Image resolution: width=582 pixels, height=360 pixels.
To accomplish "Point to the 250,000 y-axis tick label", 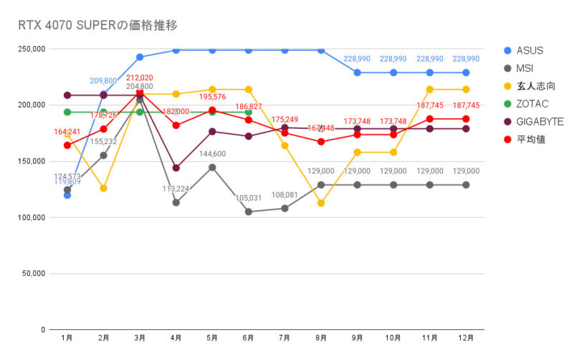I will tap(32, 49).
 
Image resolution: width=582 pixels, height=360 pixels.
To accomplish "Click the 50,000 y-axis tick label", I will tap(34, 274).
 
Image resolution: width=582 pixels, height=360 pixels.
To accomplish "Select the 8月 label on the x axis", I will tap(321, 337).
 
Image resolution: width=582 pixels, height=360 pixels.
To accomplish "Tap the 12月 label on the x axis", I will tap(466, 337).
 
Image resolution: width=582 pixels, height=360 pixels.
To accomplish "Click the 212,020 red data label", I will tap(140, 77).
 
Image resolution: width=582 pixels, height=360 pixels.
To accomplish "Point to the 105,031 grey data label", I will tap(248, 199).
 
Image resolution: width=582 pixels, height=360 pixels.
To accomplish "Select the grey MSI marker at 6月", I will tap(249, 212).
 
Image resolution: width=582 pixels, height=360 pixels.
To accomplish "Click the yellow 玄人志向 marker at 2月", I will tap(103, 188).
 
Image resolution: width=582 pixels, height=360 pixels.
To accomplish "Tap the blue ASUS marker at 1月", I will tap(67, 195).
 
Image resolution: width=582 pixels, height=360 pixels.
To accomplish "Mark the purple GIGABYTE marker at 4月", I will tap(176, 168).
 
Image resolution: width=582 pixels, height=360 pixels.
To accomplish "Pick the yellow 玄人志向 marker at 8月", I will tap(321, 203).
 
